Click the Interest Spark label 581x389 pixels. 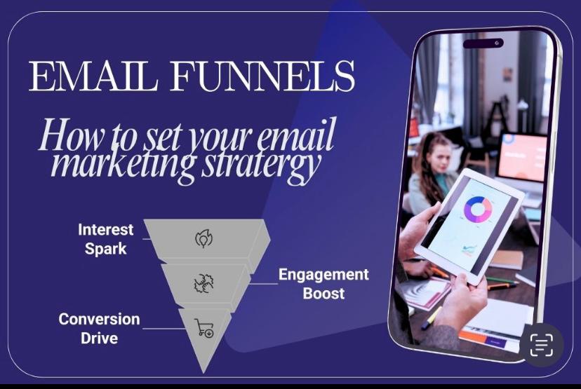coord(105,238)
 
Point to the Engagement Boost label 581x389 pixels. coord(323,282)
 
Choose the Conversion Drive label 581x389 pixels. coord(99,328)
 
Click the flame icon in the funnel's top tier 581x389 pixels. coord(203,239)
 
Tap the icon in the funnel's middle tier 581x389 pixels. coord(203,283)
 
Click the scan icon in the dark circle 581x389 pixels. coord(542,345)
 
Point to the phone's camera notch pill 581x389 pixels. coord(483,43)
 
